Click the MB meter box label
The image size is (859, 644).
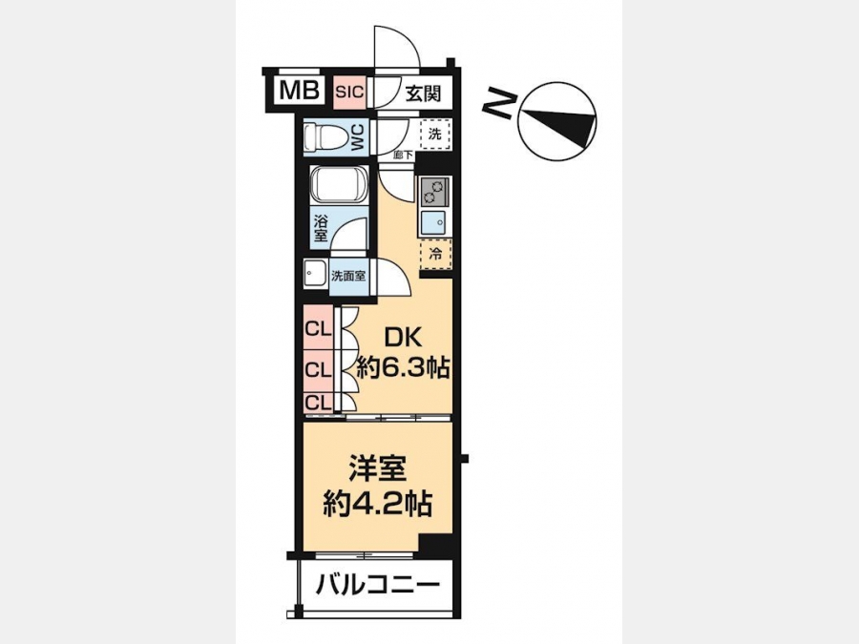[300, 91]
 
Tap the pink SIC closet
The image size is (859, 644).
[349, 92]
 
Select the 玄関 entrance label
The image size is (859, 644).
[423, 93]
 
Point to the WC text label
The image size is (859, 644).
[357, 136]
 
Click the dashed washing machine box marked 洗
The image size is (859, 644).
[435, 134]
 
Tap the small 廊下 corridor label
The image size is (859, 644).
[403, 155]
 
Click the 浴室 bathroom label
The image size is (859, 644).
[321, 229]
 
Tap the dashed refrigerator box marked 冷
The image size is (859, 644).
[435, 254]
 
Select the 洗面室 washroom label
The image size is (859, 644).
[348, 276]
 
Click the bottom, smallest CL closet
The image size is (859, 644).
[318, 403]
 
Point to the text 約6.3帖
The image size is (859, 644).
[403, 366]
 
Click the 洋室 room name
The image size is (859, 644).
[377, 470]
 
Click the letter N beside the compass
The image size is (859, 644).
[499, 103]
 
